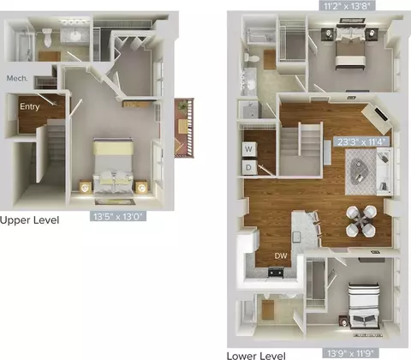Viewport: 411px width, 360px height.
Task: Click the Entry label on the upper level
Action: pos(30,106)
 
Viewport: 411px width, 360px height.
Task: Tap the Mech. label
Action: pos(17,78)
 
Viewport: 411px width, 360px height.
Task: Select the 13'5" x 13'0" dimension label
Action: pos(118,216)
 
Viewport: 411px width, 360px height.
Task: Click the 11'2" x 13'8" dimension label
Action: pos(347,6)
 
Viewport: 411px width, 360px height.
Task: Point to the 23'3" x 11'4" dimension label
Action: pos(362,141)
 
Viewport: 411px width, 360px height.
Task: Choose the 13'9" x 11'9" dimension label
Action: pos(351,353)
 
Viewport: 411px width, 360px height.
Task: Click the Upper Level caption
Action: pos(29,220)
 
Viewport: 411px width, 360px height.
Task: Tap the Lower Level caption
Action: pos(256,356)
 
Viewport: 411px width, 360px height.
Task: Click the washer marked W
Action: pos(249,149)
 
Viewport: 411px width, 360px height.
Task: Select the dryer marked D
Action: pos(249,167)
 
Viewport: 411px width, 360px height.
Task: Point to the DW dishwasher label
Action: pos(281,255)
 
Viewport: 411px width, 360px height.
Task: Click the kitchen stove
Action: pos(276,272)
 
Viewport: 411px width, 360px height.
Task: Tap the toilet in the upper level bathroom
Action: pos(48,37)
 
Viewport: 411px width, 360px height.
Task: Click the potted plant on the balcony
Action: pos(182,106)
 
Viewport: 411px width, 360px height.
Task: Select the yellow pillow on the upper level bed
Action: pos(113,148)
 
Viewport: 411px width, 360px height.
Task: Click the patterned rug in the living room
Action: pos(361,171)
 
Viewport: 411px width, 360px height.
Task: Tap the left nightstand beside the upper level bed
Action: pos(86,187)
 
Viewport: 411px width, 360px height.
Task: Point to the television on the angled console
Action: pos(381,114)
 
